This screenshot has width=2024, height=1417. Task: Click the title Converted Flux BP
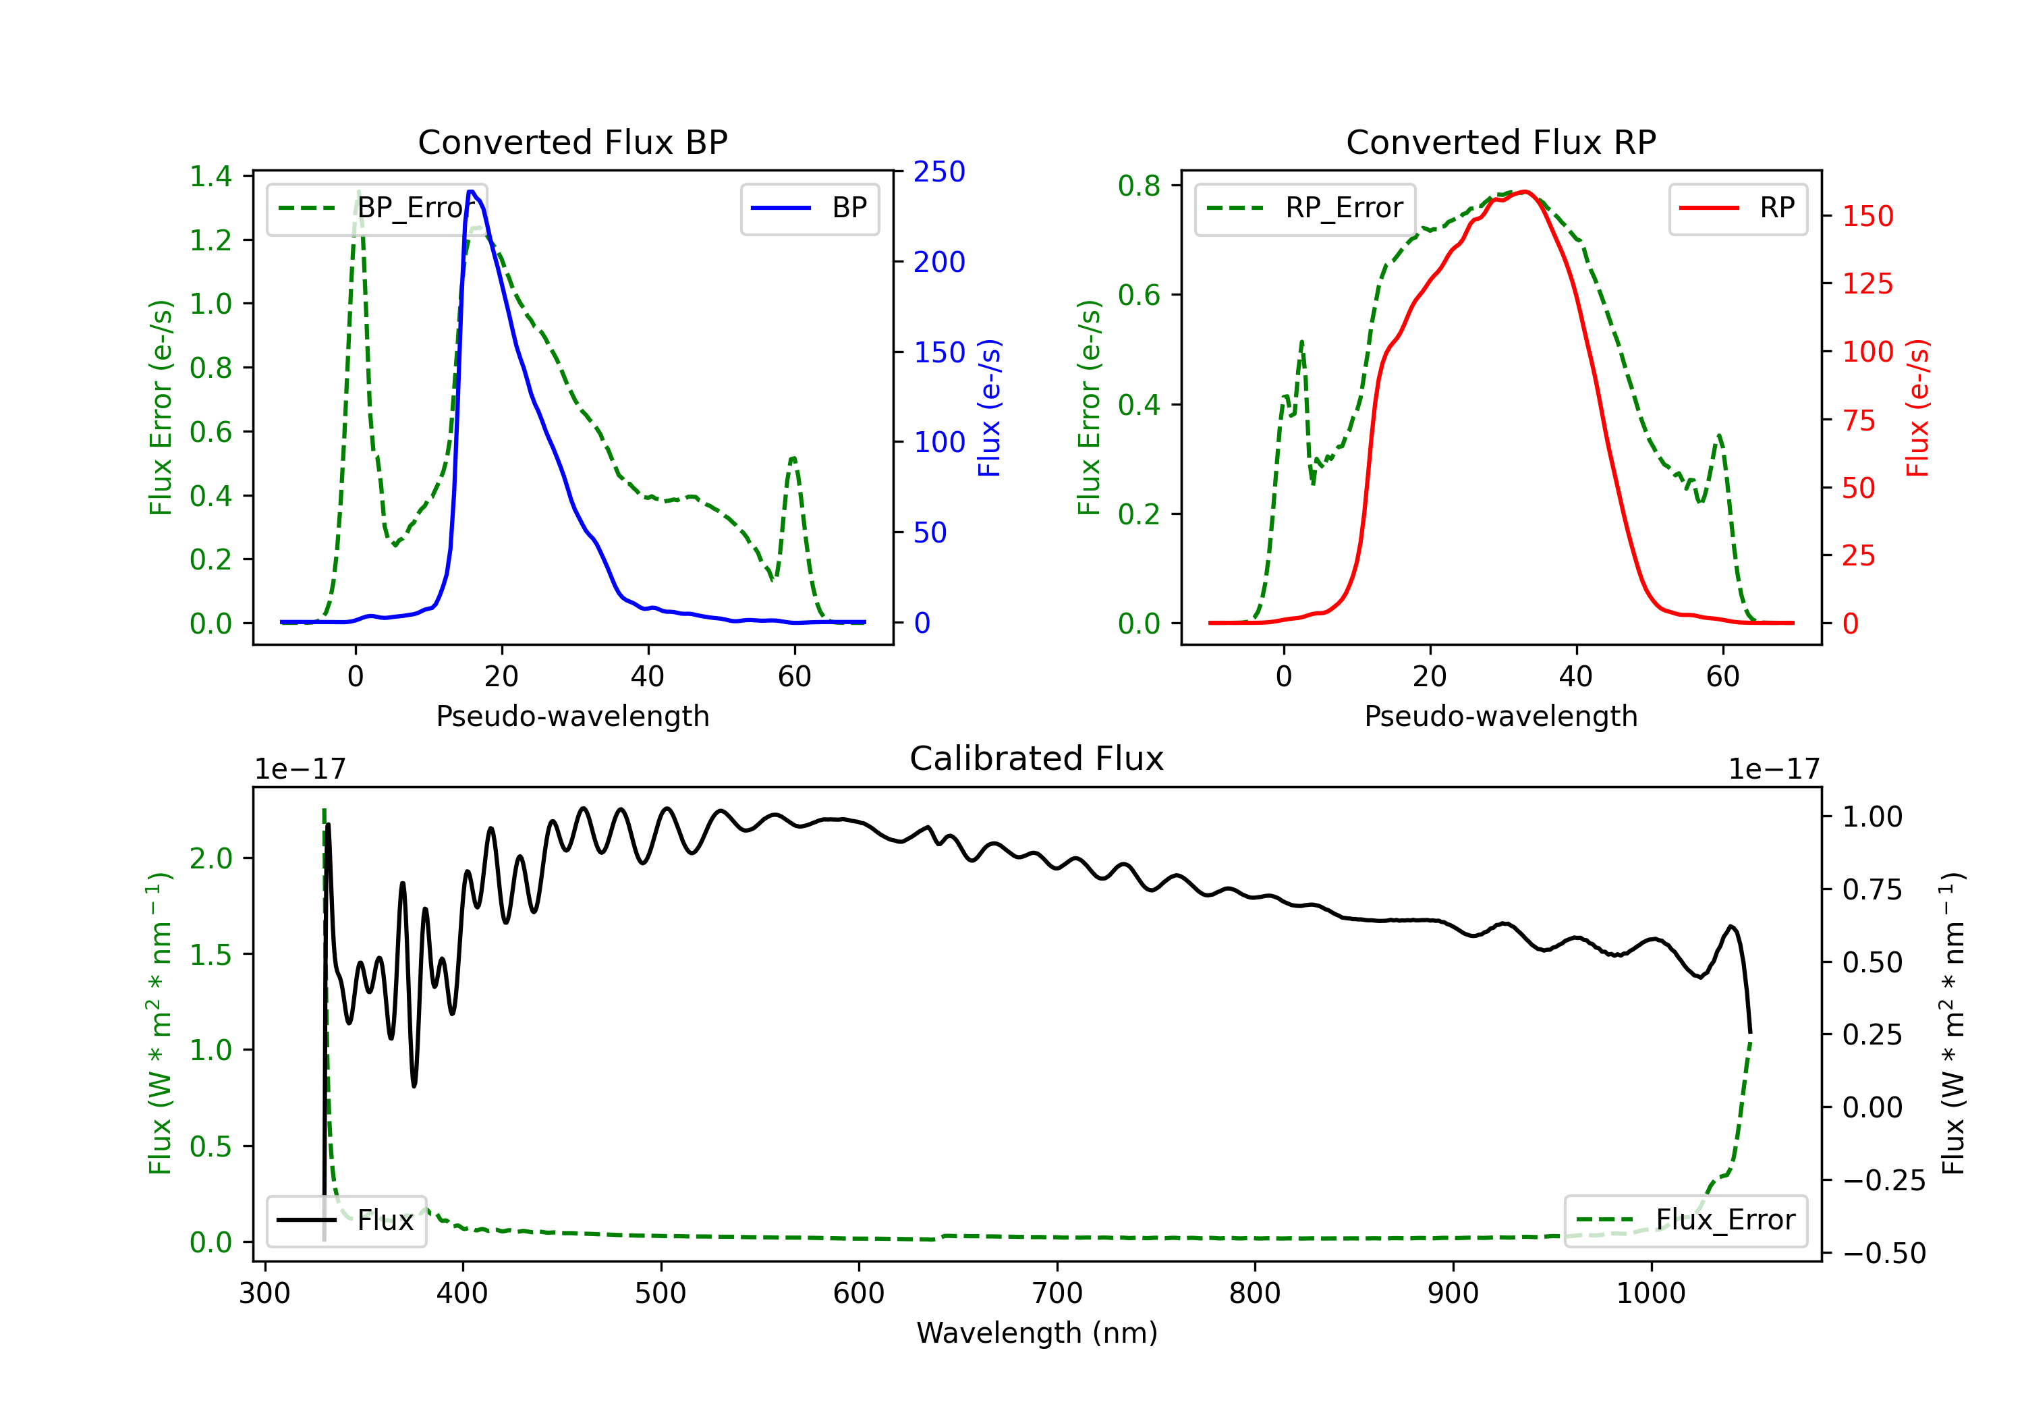click(x=573, y=142)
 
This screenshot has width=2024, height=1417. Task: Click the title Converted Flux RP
click(x=1501, y=142)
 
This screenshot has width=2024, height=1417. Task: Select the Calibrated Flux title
click(x=1037, y=758)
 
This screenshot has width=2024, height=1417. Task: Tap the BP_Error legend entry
click(x=376, y=208)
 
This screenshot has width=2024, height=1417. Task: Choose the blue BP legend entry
click(x=809, y=208)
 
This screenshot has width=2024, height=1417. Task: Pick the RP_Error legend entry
click(x=1305, y=208)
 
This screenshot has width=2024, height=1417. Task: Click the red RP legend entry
click(x=1737, y=208)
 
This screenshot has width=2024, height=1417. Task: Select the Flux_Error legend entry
click(x=1685, y=1221)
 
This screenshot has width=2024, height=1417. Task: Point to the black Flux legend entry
click(x=345, y=1221)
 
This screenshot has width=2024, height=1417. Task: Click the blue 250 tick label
click(x=939, y=172)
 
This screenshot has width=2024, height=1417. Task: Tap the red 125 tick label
click(x=1867, y=284)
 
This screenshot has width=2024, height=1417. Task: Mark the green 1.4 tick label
click(x=210, y=176)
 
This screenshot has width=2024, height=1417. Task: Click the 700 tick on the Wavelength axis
click(x=1057, y=1294)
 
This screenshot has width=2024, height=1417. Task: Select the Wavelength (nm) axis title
click(x=1037, y=1333)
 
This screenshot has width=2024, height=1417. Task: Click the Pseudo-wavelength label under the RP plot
click(x=1501, y=716)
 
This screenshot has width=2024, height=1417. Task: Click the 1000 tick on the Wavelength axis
click(x=1651, y=1294)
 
